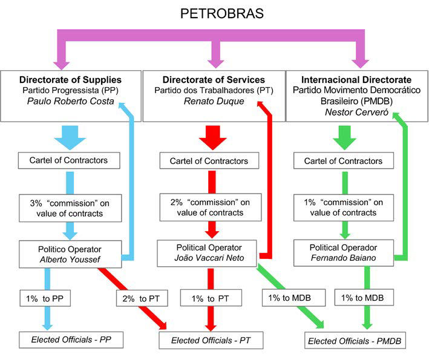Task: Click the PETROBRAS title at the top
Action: click(x=215, y=13)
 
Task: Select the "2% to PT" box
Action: click(x=141, y=298)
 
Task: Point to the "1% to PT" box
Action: click(x=211, y=298)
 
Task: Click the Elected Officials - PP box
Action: click(x=70, y=339)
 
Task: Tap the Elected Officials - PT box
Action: click(x=212, y=341)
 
